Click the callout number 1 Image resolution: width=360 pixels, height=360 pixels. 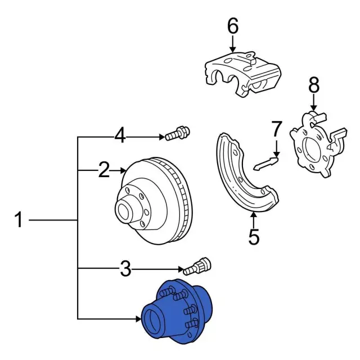(x=19, y=219)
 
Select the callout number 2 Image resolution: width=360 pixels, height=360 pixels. (x=103, y=169)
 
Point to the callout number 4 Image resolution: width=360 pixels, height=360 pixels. (x=120, y=136)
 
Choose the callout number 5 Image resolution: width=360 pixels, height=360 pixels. (x=254, y=237)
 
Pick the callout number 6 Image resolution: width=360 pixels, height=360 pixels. (x=232, y=26)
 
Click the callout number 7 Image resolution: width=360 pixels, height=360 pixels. (x=276, y=129)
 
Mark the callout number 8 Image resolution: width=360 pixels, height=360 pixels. (x=313, y=85)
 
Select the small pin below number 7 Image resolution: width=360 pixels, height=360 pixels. (x=266, y=164)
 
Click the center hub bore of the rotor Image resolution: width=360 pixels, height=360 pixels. (x=124, y=212)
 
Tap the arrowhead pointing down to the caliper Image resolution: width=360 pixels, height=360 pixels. (x=232, y=49)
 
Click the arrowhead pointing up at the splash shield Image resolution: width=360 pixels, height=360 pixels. (x=254, y=214)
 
